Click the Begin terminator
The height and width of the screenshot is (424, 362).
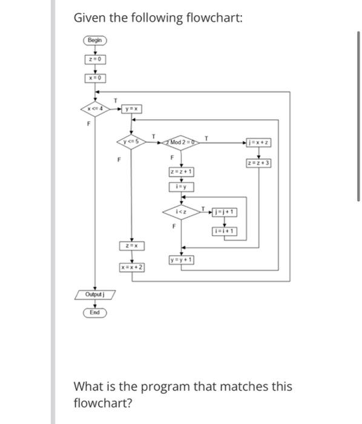[x=95, y=41]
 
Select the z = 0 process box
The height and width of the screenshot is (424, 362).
[x=95, y=59]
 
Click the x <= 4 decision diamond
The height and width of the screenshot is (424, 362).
[x=95, y=108]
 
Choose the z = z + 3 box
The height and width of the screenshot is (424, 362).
[x=258, y=163]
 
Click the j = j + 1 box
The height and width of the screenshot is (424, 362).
[x=225, y=212]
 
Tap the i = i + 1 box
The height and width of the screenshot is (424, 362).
[x=225, y=231]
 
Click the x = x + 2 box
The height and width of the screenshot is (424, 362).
[x=131, y=267]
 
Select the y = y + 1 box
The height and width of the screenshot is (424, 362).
[x=182, y=260]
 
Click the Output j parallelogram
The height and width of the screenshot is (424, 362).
[x=95, y=294]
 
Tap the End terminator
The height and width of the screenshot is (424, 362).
[x=95, y=313]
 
